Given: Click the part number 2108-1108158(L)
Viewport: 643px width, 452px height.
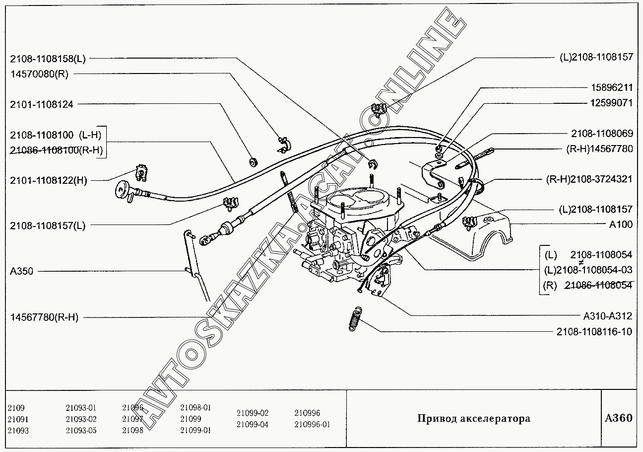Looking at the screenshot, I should coord(48,59).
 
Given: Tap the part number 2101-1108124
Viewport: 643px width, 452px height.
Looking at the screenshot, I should coord(41,105).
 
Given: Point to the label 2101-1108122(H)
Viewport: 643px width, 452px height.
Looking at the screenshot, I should coord(48,180).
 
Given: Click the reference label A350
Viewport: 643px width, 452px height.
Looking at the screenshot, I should coord(21,272).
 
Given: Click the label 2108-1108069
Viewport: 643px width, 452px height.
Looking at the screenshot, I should coord(602,134).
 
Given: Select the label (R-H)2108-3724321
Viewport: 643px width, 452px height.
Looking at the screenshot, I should coord(589,179).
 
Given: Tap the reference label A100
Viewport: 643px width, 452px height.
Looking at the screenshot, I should coord(621,224).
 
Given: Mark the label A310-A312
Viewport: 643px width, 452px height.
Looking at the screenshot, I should coord(607,316).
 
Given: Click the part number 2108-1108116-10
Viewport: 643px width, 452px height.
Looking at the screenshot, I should coord(593,331).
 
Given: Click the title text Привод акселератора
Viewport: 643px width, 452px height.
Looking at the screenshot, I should coord(473,418).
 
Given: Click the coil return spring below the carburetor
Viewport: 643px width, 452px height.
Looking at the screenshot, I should coord(354,317).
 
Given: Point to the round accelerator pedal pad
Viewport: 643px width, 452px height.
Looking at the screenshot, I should coord(121,188).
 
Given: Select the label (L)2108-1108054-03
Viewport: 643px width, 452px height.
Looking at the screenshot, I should coord(588,270).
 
